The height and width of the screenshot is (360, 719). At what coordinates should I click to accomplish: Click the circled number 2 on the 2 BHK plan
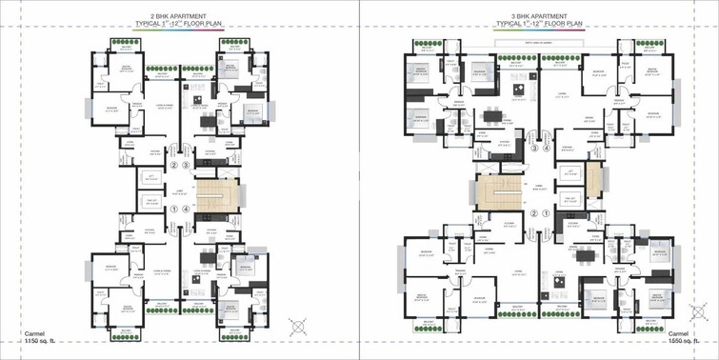pyautogui.click(x=174, y=166)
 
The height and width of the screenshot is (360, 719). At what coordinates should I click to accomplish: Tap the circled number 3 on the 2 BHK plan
pyautogui.click(x=188, y=166)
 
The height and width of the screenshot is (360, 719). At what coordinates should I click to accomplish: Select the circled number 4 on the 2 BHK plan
pyautogui.click(x=188, y=210)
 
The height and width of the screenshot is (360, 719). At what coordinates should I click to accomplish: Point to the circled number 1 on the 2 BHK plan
pyautogui.click(x=174, y=210)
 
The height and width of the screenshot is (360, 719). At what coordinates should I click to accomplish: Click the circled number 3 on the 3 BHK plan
pyautogui.click(x=535, y=149)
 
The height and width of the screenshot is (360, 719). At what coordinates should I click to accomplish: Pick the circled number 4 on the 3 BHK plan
pyautogui.click(x=548, y=149)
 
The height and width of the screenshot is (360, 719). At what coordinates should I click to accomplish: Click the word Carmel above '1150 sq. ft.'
pyautogui.click(x=13, y=330)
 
